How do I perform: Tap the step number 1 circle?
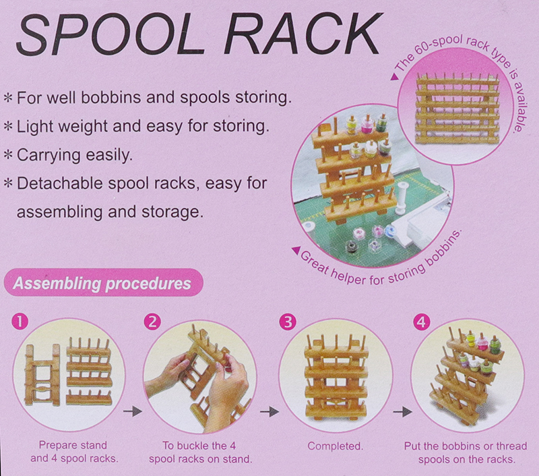22,322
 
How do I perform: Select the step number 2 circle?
154,322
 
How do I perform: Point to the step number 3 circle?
288,322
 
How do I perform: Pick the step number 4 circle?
421,322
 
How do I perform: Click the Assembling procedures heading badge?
101,283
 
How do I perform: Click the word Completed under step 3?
335,446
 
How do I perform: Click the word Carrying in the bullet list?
46,154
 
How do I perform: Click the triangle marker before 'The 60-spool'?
392,76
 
